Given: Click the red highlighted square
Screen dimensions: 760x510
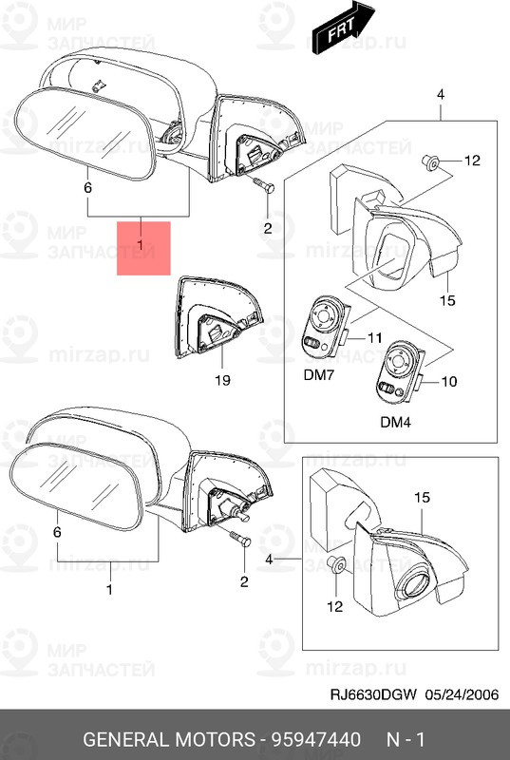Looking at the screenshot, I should (143, 248).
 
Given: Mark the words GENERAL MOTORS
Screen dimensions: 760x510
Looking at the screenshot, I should (167, 737).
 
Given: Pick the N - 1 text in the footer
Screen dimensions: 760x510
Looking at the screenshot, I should (406, 737).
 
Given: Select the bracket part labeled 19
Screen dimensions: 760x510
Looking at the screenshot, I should (217, 324).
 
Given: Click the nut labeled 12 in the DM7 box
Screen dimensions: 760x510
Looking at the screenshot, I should (430, 162).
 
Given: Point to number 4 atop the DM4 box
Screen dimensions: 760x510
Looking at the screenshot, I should (441, 94).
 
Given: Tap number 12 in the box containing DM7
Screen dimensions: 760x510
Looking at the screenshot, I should (473, 161).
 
